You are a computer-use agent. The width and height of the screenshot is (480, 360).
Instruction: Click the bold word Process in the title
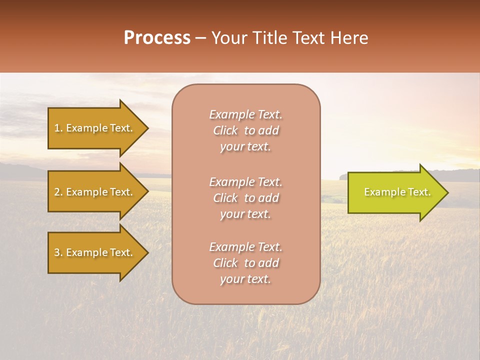tap(157, 38)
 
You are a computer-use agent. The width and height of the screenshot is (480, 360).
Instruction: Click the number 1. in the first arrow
tap(58, 128)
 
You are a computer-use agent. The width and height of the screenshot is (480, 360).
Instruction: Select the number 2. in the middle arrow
tap(58, 192)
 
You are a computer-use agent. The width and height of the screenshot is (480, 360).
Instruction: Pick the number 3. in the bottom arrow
tap(58, 252)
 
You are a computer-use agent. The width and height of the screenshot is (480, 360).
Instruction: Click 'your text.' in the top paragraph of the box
tap(245, 147)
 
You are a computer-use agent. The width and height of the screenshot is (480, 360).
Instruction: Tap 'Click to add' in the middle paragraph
tap(245, 198)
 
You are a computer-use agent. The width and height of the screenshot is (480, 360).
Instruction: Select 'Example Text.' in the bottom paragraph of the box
tap(245, 247)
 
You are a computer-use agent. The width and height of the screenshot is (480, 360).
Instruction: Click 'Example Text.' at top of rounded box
tap(245, 114)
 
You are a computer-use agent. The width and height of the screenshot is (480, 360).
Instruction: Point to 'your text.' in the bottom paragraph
tap(245, 279)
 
